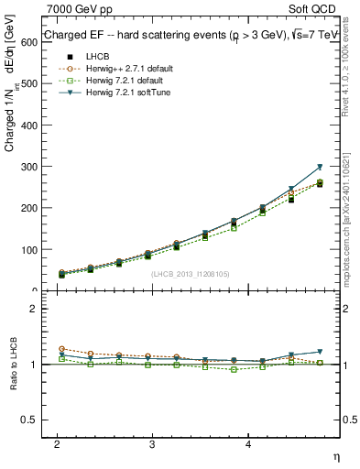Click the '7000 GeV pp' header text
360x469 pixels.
click(80, 9)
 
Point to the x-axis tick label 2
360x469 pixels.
click(57, 442)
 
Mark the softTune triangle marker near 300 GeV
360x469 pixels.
click(319, 168)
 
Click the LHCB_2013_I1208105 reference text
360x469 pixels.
click(191, 273)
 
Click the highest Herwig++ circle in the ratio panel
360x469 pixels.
click(61, 349)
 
